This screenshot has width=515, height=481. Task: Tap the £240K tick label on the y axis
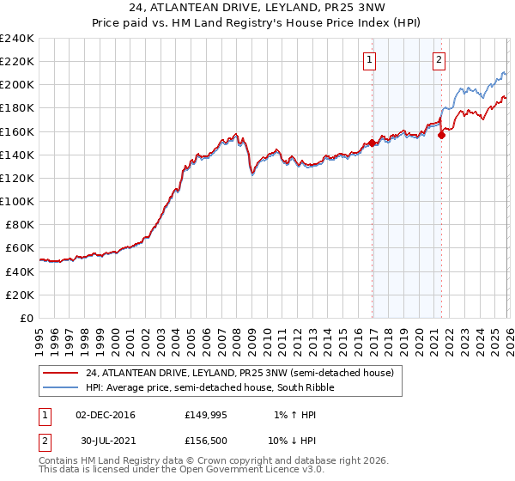(x=17, y=39)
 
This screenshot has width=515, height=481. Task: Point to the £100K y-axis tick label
(x=17, y=201)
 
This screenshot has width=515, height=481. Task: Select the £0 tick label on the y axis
(x=27, y=318)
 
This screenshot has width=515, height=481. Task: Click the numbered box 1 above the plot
(x=370, y=60)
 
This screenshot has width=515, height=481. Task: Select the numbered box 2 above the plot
(x=439, y=60)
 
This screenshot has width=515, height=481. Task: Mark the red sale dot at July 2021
(x=441, y=135)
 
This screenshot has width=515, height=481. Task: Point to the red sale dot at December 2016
(x=372, y=143)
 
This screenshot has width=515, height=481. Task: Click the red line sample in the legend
(x=61, y=373)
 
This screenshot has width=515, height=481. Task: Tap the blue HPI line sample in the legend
(x=61, y=388)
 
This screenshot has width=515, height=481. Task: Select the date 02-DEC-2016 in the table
(x=106, y=414)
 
